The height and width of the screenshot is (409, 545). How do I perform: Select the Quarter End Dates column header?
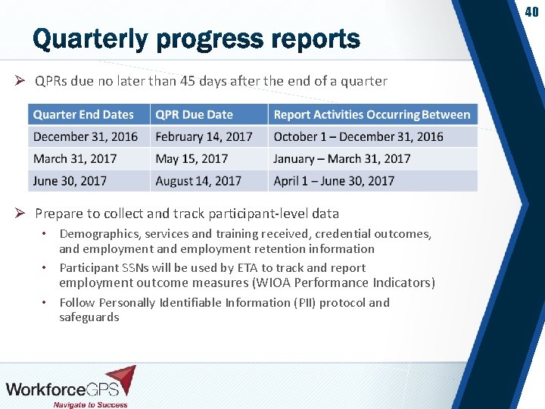tap(83, 114)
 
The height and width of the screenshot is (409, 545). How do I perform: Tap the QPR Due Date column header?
tap(194, 114)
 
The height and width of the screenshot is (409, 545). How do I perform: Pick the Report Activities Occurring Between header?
tap(372, 114)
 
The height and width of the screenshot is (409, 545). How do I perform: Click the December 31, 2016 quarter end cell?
tap(86, 136)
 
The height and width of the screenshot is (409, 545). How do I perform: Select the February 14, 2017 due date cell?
tap(204, 136)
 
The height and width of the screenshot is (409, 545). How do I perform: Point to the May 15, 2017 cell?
tap(192, 158)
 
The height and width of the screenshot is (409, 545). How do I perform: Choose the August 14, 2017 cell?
tap(198, 180)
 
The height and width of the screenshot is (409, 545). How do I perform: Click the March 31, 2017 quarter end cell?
tap(76, 158)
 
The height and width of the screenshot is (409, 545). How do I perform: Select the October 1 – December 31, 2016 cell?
tap(358, 136)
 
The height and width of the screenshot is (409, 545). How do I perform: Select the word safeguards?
tap(89, 317)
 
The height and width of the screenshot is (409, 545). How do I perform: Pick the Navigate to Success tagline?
tap(90, 404)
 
